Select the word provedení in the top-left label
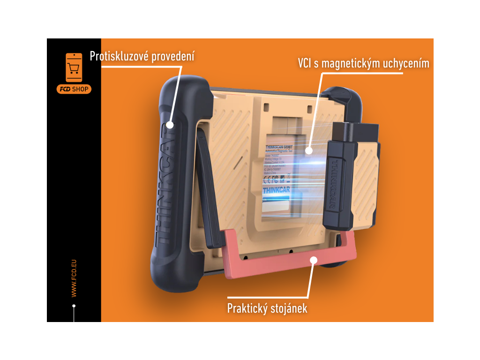(x=173, y=57)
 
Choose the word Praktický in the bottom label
(x=247, y=308)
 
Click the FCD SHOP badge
(x=74, y=89)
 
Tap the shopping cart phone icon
(x=74, y=68)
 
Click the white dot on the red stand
(x=314, y=260)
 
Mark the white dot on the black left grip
(x=170, y=125)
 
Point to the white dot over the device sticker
(x=309, y=150)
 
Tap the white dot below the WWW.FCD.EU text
(x=74, y=306)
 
